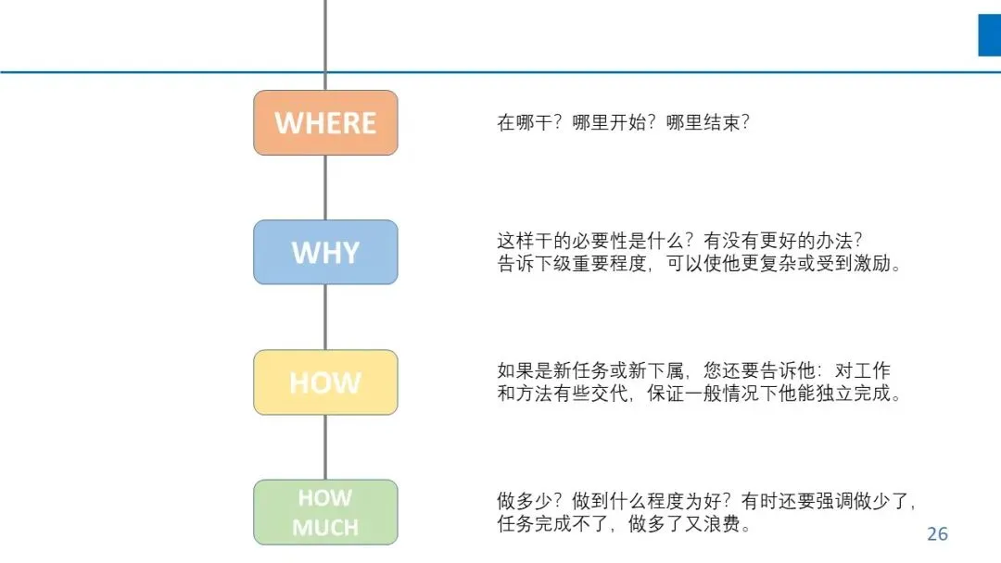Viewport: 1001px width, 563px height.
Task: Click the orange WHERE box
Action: [325, 122]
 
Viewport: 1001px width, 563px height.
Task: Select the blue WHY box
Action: [325, 252]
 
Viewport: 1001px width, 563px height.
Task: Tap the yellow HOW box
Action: [325, 382]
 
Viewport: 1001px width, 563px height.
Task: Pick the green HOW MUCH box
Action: [325, 511]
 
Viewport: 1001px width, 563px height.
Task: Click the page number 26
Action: [937, 534]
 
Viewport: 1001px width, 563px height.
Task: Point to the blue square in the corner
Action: [989, 35]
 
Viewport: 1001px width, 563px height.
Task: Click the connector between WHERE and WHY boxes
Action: [325, 187]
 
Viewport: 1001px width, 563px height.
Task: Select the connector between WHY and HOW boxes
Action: [325, 317]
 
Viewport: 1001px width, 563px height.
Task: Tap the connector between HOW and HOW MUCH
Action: [325, 446]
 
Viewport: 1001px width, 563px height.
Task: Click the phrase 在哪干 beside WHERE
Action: [523, 122]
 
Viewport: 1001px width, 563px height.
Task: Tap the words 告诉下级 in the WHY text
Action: [531, 263]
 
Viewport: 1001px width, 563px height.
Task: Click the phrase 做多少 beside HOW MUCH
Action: [523, 501]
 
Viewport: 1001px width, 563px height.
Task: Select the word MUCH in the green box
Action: [325, 527]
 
